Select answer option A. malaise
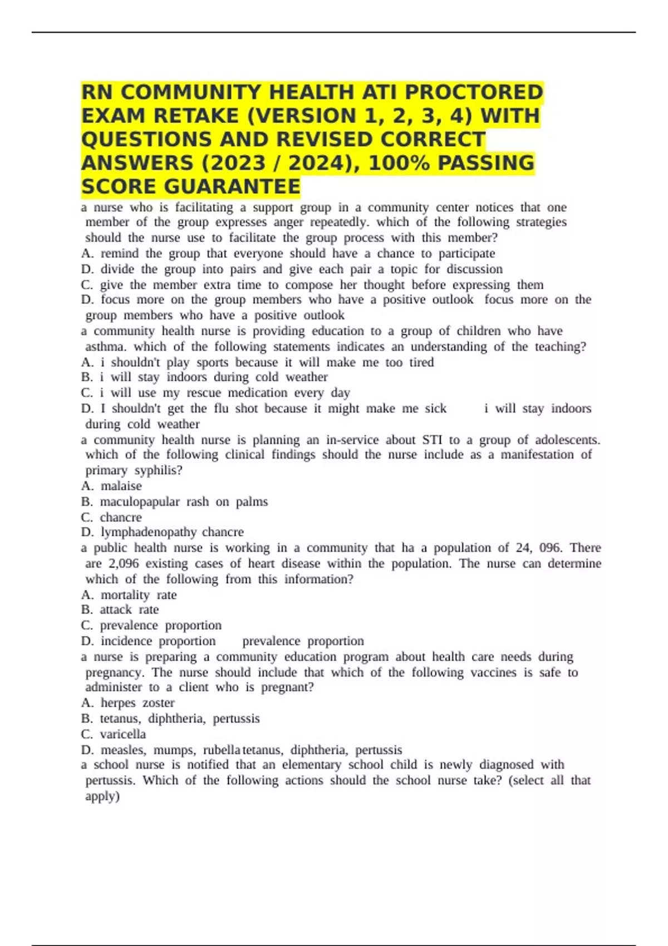111,486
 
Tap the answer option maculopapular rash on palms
174,501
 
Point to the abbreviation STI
432,440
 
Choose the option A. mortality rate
129,595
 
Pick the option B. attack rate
120,610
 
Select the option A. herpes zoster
127,703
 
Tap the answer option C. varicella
114,734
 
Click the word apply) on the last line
102,796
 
